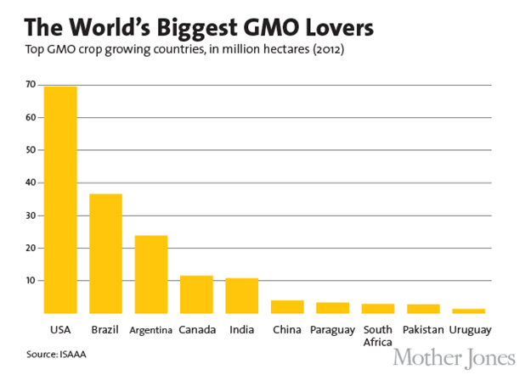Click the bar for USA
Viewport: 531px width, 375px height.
coord(59,199)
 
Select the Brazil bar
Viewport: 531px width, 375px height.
coord(105,254)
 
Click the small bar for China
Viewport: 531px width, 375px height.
coord(287,306)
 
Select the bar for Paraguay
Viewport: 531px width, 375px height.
coord(332,308)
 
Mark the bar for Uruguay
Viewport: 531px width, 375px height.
coord(468,311)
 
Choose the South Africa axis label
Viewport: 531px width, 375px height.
coord(377,334)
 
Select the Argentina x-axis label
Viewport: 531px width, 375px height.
coord(151,329)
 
